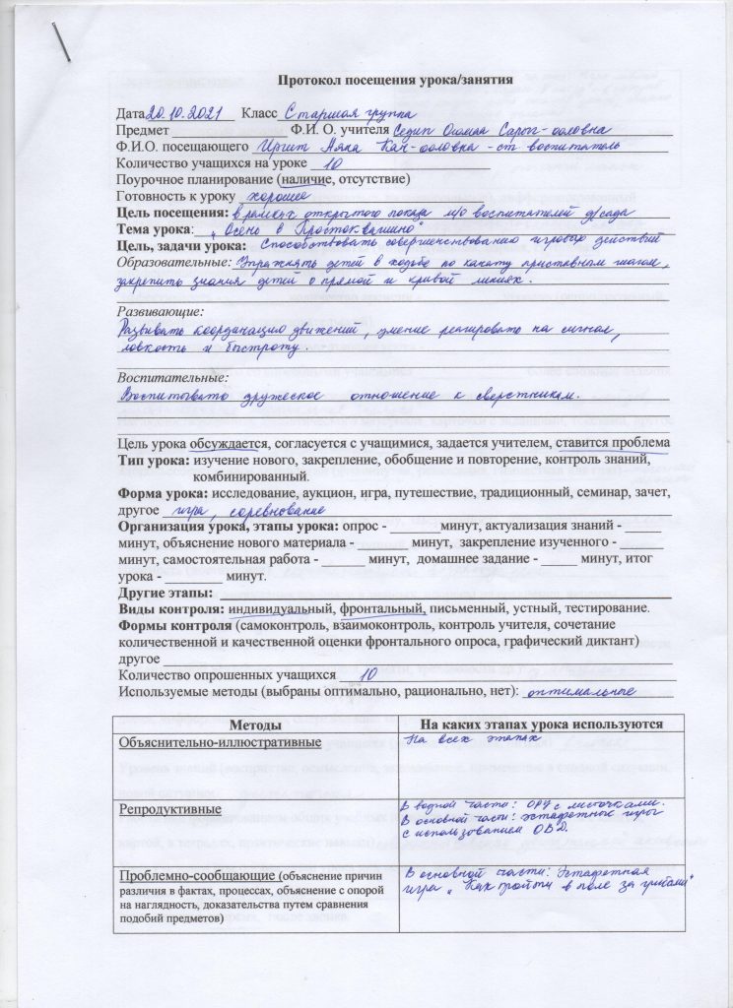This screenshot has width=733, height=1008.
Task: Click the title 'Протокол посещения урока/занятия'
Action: pyautogui.click(x=393, y=81)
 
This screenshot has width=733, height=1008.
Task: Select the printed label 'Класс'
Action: pyautogui.click(x=259, y=115)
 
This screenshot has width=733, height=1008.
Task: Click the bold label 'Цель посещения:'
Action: pyautogui.click(x=171, y=213)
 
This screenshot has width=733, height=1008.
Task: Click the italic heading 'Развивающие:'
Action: pyautogui.click(x=158, y=309)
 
